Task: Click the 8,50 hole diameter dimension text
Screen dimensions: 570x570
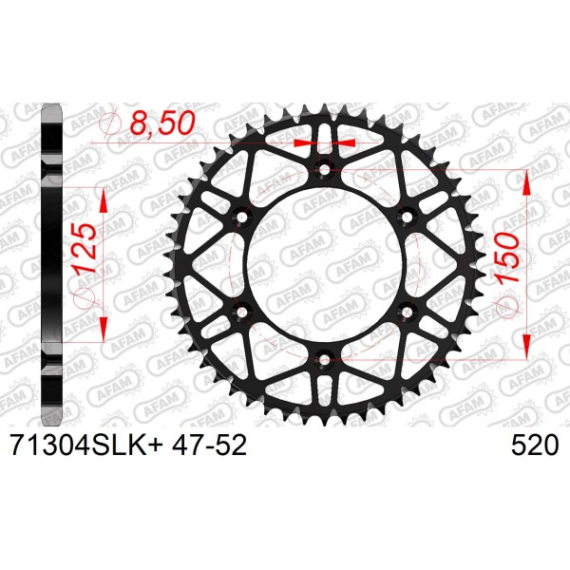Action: click(x=162, y=123)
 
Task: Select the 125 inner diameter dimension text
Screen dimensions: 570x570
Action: click(x=84, y=250)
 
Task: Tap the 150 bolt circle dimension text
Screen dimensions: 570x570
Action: click(x=506, y=258)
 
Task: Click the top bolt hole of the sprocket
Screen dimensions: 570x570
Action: click(x=324, y=169)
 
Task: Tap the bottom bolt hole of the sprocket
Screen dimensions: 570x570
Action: click(x=324, y=360)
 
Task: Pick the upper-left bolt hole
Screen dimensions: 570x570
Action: click(x=241, y=217)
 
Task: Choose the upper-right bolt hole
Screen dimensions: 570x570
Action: click(x=407, y=217)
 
